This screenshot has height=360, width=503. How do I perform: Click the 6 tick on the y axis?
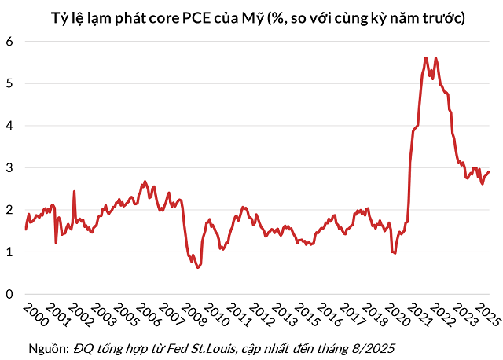tap(9, 42)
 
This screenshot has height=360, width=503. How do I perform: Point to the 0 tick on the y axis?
tap(9, 294)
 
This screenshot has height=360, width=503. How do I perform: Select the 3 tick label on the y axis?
tap(9, 168)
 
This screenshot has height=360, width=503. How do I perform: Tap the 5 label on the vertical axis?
tap(9, 83)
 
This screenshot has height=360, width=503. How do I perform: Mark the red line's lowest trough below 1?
tap(198, 267)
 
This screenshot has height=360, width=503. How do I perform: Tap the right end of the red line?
tap(489, 172)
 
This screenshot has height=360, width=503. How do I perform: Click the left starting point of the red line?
tap(26, 229)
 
